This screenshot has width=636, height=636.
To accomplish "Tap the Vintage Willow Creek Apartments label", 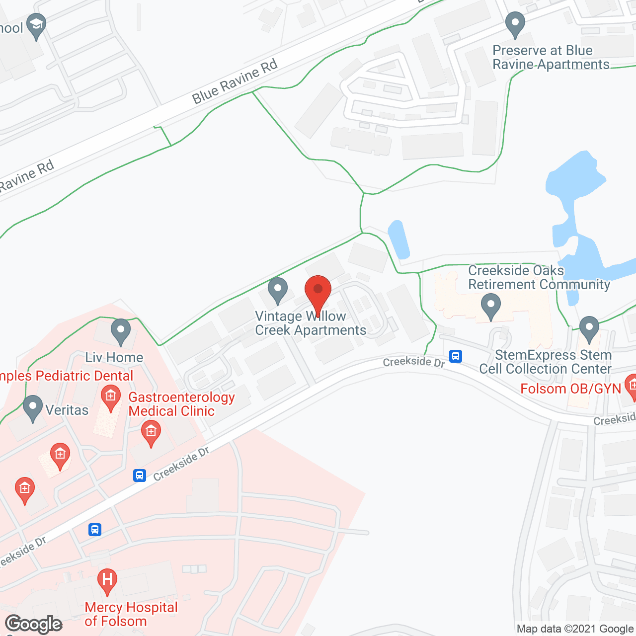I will pos(310,323).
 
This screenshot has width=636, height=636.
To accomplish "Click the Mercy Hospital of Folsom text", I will pos(131,614).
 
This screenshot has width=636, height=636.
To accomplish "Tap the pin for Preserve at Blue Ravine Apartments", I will pos(515,24).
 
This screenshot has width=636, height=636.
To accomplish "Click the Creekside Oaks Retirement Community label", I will pos(539,277).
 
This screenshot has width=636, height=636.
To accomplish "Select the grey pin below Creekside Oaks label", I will pos(491,306).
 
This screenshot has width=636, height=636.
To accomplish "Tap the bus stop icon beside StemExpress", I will pos(456,356).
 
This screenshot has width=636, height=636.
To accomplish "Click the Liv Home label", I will pos(114,357).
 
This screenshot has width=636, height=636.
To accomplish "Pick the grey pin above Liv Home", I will pos(120,330).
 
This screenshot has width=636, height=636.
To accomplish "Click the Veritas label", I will pos(67,410).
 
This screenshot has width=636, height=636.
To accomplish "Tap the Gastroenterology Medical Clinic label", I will pos(181,404).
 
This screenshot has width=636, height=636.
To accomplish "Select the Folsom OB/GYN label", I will pos(570,389).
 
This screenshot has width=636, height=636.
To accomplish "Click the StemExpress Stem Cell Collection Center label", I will pos(546,362).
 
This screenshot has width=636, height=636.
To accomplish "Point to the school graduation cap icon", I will pos(36,25).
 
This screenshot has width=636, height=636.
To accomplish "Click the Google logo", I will pos(34,624).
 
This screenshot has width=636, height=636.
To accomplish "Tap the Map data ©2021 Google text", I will pos(575,629).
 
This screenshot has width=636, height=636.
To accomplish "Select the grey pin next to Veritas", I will pos(33,407).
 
